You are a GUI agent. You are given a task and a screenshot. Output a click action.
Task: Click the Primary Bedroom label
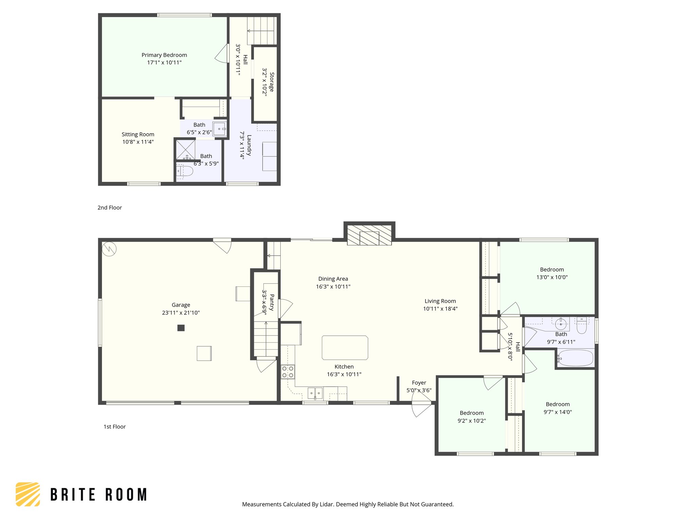pos(164,55)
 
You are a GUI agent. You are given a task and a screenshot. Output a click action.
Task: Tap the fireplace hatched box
pos(369,234)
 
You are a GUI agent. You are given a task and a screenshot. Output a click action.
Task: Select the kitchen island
pos(345,348)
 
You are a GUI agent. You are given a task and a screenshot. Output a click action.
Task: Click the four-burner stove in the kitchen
pos(288,371)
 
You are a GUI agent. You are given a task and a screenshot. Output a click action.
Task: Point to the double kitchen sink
pos(315,393)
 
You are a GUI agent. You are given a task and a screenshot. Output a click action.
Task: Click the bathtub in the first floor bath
pos(575,358)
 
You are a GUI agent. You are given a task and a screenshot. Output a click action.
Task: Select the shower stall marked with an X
pos(186,149)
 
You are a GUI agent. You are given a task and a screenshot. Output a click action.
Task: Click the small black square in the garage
pos(181,328)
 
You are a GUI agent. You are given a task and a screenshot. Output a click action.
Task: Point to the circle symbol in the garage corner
pos(109,249)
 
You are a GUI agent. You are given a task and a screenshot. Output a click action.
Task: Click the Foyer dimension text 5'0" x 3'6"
pos(419,390)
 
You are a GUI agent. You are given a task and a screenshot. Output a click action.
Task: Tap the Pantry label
pos(272,302)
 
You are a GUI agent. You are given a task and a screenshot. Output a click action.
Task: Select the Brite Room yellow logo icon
pos(28,494)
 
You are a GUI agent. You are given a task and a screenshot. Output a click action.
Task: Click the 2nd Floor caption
pos(109,208)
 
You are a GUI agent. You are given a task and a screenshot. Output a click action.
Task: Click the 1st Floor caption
pos(115,427)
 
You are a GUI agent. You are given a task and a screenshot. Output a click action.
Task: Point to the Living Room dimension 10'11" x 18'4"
pos(440,309)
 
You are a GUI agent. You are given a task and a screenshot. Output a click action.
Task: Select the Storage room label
pos(272,82)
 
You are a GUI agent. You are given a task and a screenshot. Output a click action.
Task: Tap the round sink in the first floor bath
pos(560,323)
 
